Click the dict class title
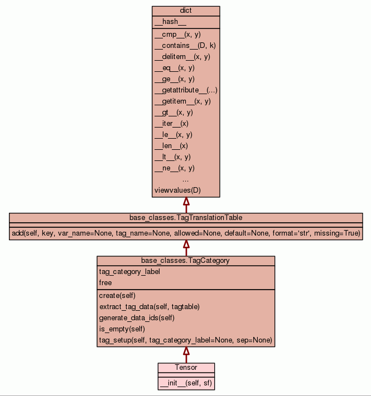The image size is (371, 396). click(x=186, y=11)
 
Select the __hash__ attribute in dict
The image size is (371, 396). click(x=166, y=22)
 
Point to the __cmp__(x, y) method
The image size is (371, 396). click(x=177, y=35)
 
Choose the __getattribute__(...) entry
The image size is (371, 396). click(x=186, y=90)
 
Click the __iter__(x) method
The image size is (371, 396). click(x=171, y=124)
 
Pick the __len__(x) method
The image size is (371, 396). click(x=171, y=146)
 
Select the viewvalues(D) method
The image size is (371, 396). click(x=177, y=190)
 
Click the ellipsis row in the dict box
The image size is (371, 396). click(x=186, y=179)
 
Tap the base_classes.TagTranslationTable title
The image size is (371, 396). click(x=186, y=217)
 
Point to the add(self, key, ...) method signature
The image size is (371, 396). click(x=186, y=233)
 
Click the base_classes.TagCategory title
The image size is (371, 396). click(x=186, y=260)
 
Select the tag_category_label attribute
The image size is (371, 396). click(x=129, y=272)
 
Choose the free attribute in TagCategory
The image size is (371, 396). click(x=106, y=283)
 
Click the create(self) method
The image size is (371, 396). click(x=118, y=296)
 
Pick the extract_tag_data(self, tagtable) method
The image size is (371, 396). click(x=150, y=307)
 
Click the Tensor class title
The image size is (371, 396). click(x=186, y=368)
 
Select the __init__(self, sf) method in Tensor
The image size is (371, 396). click(x=185, y=383)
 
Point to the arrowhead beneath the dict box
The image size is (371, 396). click(x=186, y=202)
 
